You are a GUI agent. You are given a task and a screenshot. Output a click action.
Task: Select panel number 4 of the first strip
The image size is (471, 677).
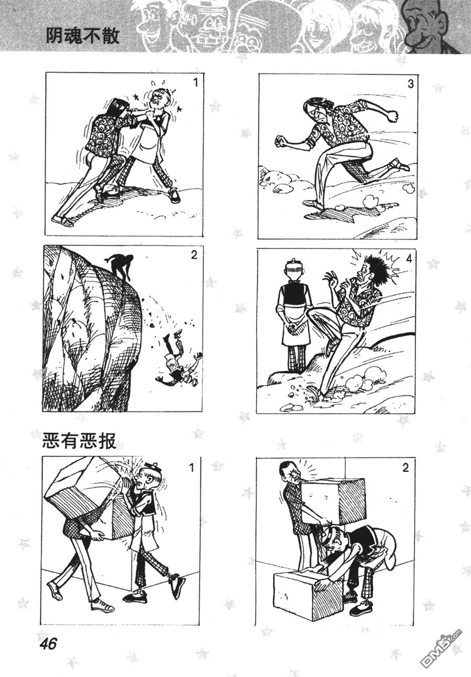pyautogui.click(x=409, y=258)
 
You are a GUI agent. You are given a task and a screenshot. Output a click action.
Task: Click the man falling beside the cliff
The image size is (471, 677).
pyautogui.click(x=179, y=360)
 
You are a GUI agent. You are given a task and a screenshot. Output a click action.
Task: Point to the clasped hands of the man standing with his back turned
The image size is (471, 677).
pyautogui.click(x=292, y=327)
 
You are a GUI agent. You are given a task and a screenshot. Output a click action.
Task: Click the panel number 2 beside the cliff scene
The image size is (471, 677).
pyautogui.click(x=194, y=255)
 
